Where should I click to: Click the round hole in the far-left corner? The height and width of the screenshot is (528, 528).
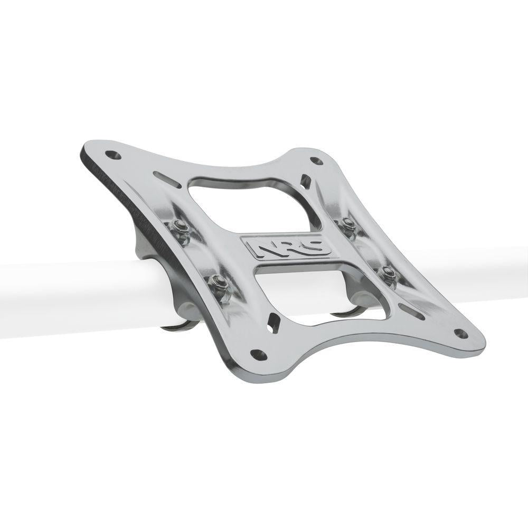(x=112, y=155)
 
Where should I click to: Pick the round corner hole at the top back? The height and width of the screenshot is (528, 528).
(x=316, y=161)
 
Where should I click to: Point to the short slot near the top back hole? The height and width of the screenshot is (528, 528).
(x=305, y=182)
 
